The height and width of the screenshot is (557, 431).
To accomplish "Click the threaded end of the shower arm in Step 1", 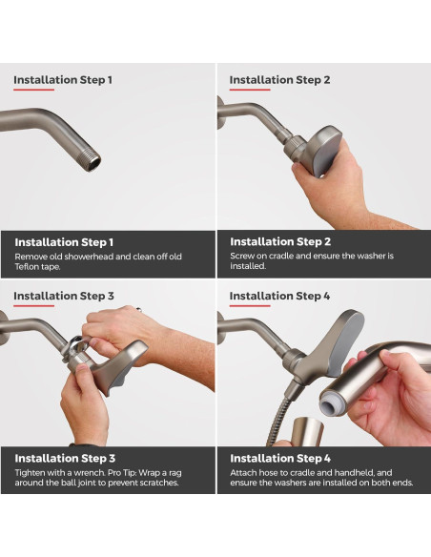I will (93, 161).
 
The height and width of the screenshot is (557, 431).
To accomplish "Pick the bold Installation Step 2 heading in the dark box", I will (280, 242).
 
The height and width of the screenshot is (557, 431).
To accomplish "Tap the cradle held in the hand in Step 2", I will (318, 152).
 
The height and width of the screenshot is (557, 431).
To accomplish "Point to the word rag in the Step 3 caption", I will (193, 472).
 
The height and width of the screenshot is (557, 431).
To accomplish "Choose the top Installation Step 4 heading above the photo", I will (279, 297).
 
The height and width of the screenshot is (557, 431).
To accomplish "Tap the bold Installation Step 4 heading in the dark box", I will (280, 458).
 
